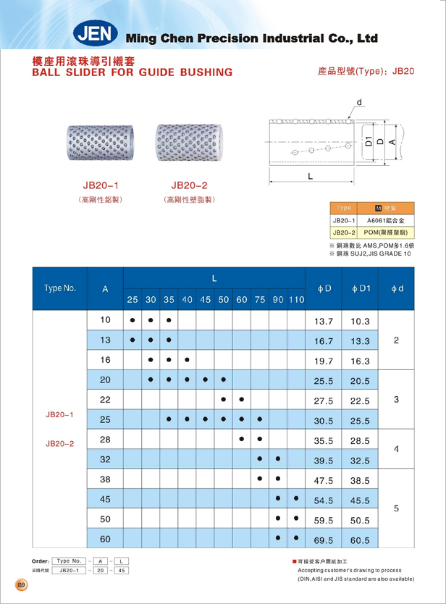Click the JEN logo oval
(97, 34)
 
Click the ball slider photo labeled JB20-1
(101, 143)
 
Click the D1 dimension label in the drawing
(368, 142)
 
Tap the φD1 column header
(361, 288)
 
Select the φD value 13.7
(323, 321)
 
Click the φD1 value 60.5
(361, 539)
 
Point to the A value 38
(106, 479)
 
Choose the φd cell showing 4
(397, 449)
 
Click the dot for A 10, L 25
(132, 320)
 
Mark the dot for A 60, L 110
(296, 538)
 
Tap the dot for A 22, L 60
(241, 399)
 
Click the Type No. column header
(60, 288)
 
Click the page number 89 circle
(20, 584)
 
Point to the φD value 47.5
(323, 479)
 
